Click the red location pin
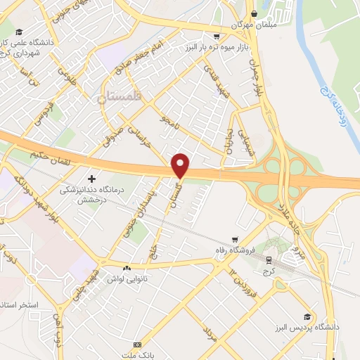181,165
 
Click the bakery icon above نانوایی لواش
127,268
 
